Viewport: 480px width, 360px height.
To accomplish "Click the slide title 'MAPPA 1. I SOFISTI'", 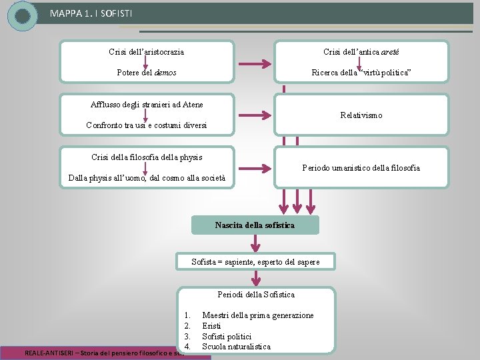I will pos(85,12).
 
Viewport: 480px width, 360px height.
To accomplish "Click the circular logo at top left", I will pos(23,15).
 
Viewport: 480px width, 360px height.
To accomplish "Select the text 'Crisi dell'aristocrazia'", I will pos(147,52).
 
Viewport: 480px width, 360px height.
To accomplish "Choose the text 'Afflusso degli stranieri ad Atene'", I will pos(147,105).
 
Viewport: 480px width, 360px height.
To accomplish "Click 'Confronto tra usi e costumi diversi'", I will pos(147,125).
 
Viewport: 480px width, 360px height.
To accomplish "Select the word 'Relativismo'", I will pos(361,115).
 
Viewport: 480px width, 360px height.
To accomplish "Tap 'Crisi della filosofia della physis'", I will pos(147,157).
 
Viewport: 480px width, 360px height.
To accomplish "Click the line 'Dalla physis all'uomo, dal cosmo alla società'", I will pos(147,178).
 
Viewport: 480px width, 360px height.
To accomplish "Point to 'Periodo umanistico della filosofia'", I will pos(361,168).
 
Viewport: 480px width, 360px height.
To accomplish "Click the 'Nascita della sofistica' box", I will pos(255,225).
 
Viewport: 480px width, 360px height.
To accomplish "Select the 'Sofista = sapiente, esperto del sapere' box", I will pos(255,262).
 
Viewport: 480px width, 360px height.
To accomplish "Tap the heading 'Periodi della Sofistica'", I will pos(256,295).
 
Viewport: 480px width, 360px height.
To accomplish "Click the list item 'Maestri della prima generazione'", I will pos(258,315).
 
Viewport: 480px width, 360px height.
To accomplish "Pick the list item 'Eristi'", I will pos(211,326).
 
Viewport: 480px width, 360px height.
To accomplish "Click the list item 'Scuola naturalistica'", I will pos(236,347).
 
